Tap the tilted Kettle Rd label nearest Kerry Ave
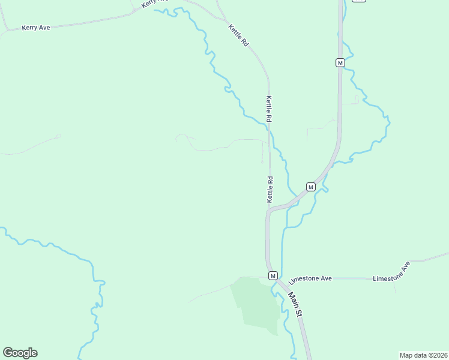(x=238, y=35)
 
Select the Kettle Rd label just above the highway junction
(x=270, y=188)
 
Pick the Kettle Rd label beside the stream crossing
(x=270, y=110)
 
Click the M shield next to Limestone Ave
(x=273, y=275)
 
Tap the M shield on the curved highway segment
(x=310, y=187)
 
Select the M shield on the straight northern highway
(x=340, y=62)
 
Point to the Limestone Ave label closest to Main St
(x=310, y=280)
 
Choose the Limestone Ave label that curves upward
(x=391, y=273)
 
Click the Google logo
(x=20, y=353)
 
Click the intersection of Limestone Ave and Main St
(x=280, y=280)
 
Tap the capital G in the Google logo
(x=8, y=353)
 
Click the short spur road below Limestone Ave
(x=395, y=286)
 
